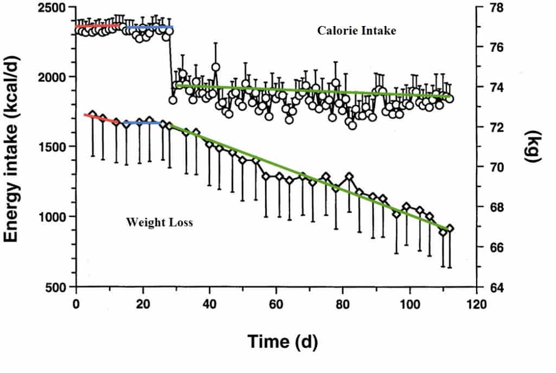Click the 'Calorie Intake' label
click(x=357, y=31)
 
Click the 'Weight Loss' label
click(x=159, y=222)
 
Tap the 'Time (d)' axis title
click(x=282, y=342)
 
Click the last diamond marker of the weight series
click(x=450, y=228)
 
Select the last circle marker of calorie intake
click(x=450, y=99)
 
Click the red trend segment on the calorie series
click(x=98, y=25)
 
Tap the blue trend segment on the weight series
click(x=142, y=123)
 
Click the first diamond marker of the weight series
click(x=93, y=115)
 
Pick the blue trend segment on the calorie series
click(x=149, y=27)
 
